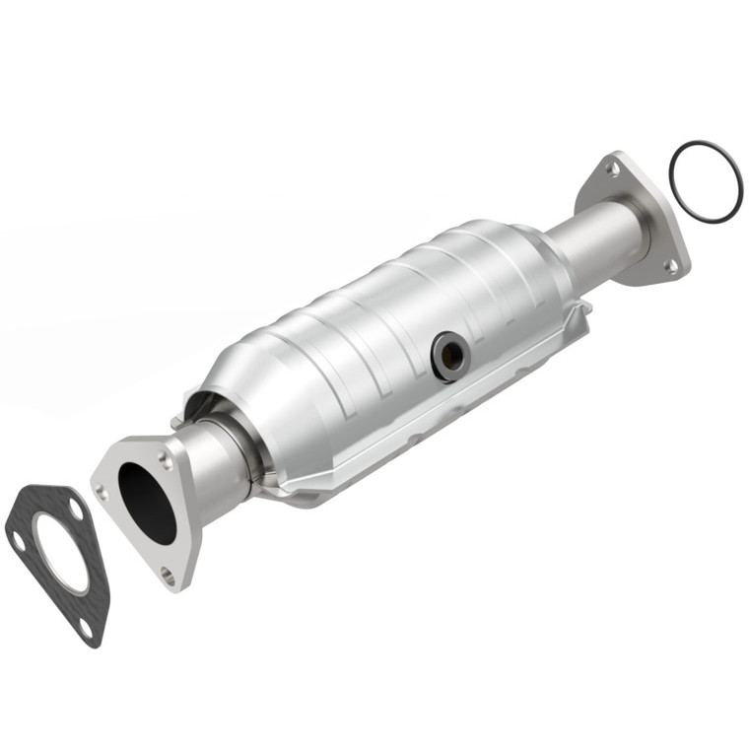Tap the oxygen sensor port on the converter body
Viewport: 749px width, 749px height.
[448, 355]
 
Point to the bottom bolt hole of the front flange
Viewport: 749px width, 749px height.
[169, 574]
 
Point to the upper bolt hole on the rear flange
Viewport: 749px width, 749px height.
[613, 170]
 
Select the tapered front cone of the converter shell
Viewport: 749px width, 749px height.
[237, 394]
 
